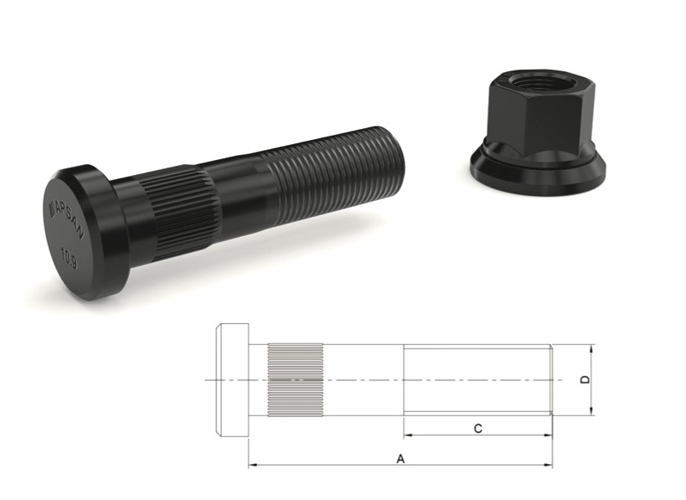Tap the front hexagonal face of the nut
click(x=536, y=126)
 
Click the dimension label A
click(x=400, y=458)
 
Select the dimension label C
click(x=477, y=428)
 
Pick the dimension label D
click(x=585, y=379)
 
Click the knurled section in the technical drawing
click(x=295, y=380)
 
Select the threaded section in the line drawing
click(x=477, y=379)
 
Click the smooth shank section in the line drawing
click(x=362, y=379)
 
